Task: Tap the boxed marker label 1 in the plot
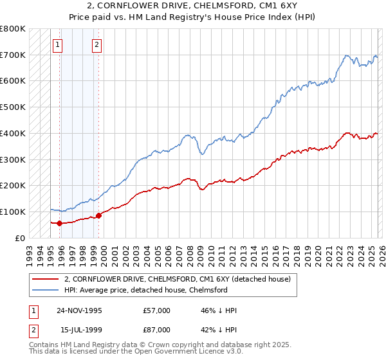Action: pyautogui.click(x=58, y=45)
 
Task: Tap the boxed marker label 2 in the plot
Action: pyautogui.click(x=96, y=45)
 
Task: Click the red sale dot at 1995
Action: pyautogui.click(x=59, y=223)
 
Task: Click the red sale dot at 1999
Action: pyautogui.click(x=98, y=215)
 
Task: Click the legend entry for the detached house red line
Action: pyautogui.click(x=178, y=279)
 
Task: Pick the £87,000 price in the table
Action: pyautogui.click(x=157, y=330)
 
